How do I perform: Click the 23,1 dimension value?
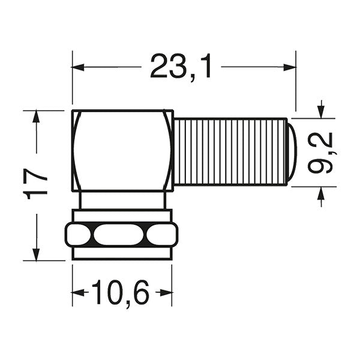181,67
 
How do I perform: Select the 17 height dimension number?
37,185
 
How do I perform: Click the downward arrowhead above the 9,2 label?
321,111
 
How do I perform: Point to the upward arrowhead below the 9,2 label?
321,193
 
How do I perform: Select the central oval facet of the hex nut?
120,234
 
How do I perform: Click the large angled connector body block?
122,150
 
